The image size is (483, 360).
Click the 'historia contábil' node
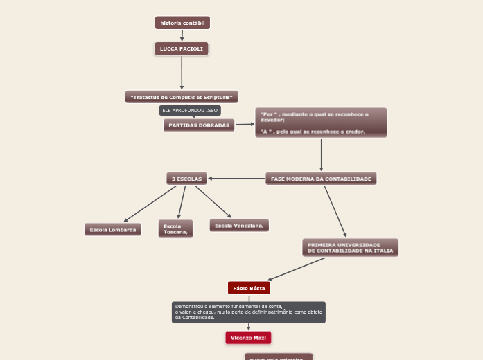182,23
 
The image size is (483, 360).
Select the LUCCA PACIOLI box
182,49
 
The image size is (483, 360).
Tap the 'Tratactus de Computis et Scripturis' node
182,97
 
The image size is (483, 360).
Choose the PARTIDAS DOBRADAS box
199,125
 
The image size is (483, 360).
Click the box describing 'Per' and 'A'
321,123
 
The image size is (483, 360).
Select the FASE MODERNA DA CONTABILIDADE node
321,179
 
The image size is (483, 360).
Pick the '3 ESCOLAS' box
187,179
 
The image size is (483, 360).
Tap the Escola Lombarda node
113,229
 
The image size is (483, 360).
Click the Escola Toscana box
175,229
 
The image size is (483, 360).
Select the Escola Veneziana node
239,226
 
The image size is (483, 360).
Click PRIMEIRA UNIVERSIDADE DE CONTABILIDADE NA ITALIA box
351,248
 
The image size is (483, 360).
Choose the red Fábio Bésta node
249,288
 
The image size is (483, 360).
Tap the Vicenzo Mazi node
248,338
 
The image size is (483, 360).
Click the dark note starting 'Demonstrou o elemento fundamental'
249,312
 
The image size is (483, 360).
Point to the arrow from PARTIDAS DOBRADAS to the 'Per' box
245,125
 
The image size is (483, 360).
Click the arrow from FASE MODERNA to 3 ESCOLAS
236,179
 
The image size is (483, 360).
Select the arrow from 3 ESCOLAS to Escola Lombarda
150,204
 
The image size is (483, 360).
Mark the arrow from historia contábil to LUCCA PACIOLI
182,36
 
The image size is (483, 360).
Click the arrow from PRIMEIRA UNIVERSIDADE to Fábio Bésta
296,269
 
